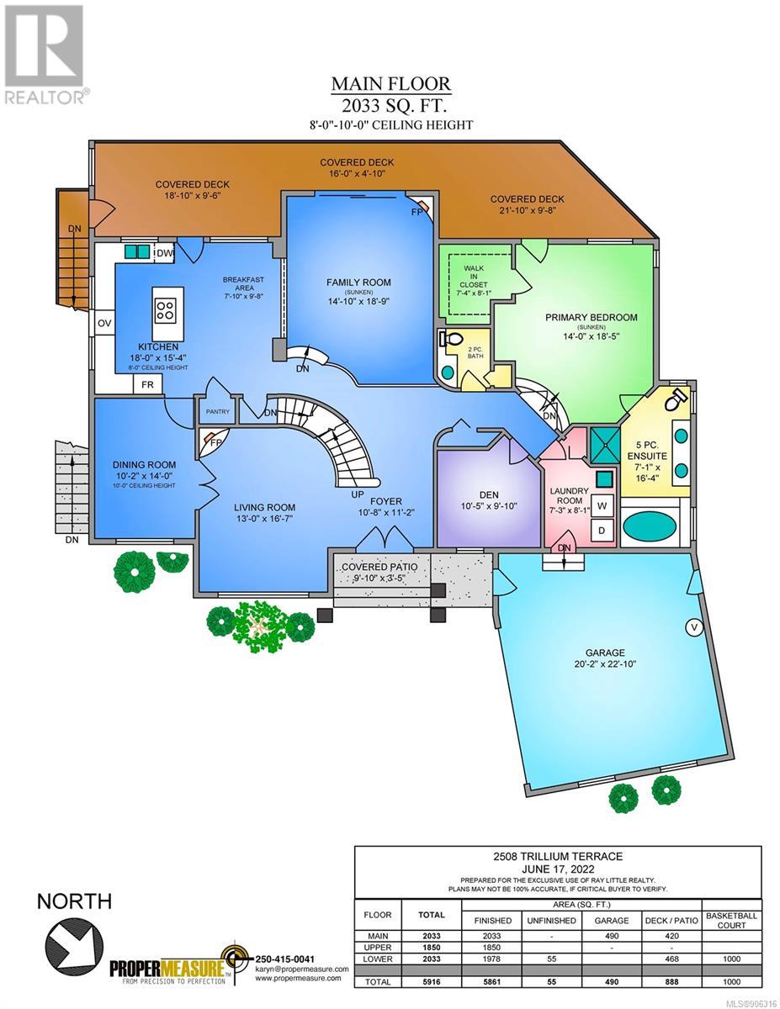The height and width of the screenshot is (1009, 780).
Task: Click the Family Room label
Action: point(358,283)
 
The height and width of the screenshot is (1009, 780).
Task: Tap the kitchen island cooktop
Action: point(167,310)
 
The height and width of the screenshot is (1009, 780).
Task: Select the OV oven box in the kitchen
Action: point(104,323)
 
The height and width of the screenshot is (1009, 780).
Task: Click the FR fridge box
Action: point(147,384)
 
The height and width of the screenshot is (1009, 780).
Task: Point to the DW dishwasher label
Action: point(164,253)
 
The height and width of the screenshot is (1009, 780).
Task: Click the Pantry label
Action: point(218,411)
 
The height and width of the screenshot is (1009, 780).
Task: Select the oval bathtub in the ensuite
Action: point(650,526)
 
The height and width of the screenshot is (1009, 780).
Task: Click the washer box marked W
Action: point(602,506)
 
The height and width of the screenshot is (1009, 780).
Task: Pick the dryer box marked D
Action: point(602,530)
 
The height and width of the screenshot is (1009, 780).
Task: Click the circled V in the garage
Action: point(694,627)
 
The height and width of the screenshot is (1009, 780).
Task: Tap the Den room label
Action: point(489,495)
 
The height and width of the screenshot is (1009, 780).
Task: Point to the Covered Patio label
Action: point(379,567)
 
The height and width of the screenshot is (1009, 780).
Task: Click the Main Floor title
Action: point(390,84)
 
